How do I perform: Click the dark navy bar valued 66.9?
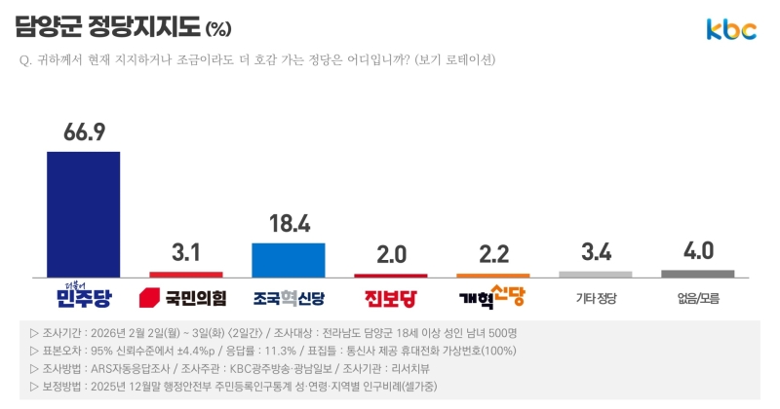[x=84, y=214]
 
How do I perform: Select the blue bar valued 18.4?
[x=289, y=260]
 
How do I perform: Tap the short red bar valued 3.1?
[x=186, y=275]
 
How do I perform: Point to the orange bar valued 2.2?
[x=493, y=276]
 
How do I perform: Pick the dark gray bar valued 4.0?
[x=698, y=274]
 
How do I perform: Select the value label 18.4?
[x=289, y=224]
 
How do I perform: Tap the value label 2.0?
[x=391, y=254]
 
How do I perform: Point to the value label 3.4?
[x=596, y=253]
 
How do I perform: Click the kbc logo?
[x=731, y=30]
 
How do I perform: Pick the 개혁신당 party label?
[x=493, y=296]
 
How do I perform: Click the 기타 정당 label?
[x=596, y=298]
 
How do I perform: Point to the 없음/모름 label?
[x=698, y=298]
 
